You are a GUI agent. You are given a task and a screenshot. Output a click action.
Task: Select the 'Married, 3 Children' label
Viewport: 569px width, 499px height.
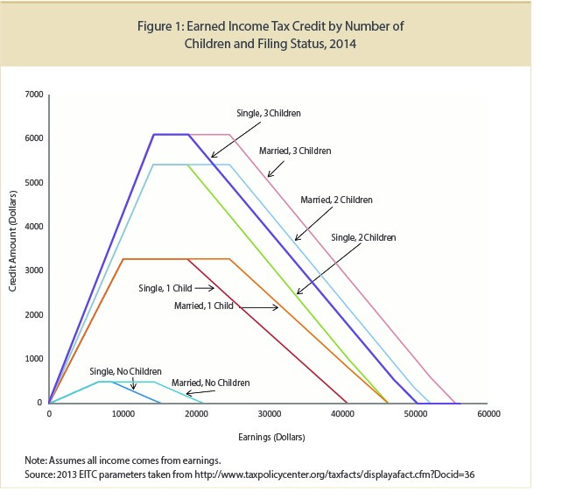point(295,151)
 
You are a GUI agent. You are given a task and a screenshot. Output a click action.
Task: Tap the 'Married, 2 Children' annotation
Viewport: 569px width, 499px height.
point(336,200)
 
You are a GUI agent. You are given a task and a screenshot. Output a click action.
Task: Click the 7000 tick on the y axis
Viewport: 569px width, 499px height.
point(34,94)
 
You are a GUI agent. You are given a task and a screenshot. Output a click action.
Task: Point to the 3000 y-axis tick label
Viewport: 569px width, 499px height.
point(34,271)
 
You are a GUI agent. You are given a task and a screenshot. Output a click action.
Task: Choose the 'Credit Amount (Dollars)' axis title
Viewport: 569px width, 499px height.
point(15,249)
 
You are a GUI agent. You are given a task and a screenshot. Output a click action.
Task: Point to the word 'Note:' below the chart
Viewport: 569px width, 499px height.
point(39,459)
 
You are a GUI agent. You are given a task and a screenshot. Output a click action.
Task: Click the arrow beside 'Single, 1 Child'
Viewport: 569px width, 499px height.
point(204,287)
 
